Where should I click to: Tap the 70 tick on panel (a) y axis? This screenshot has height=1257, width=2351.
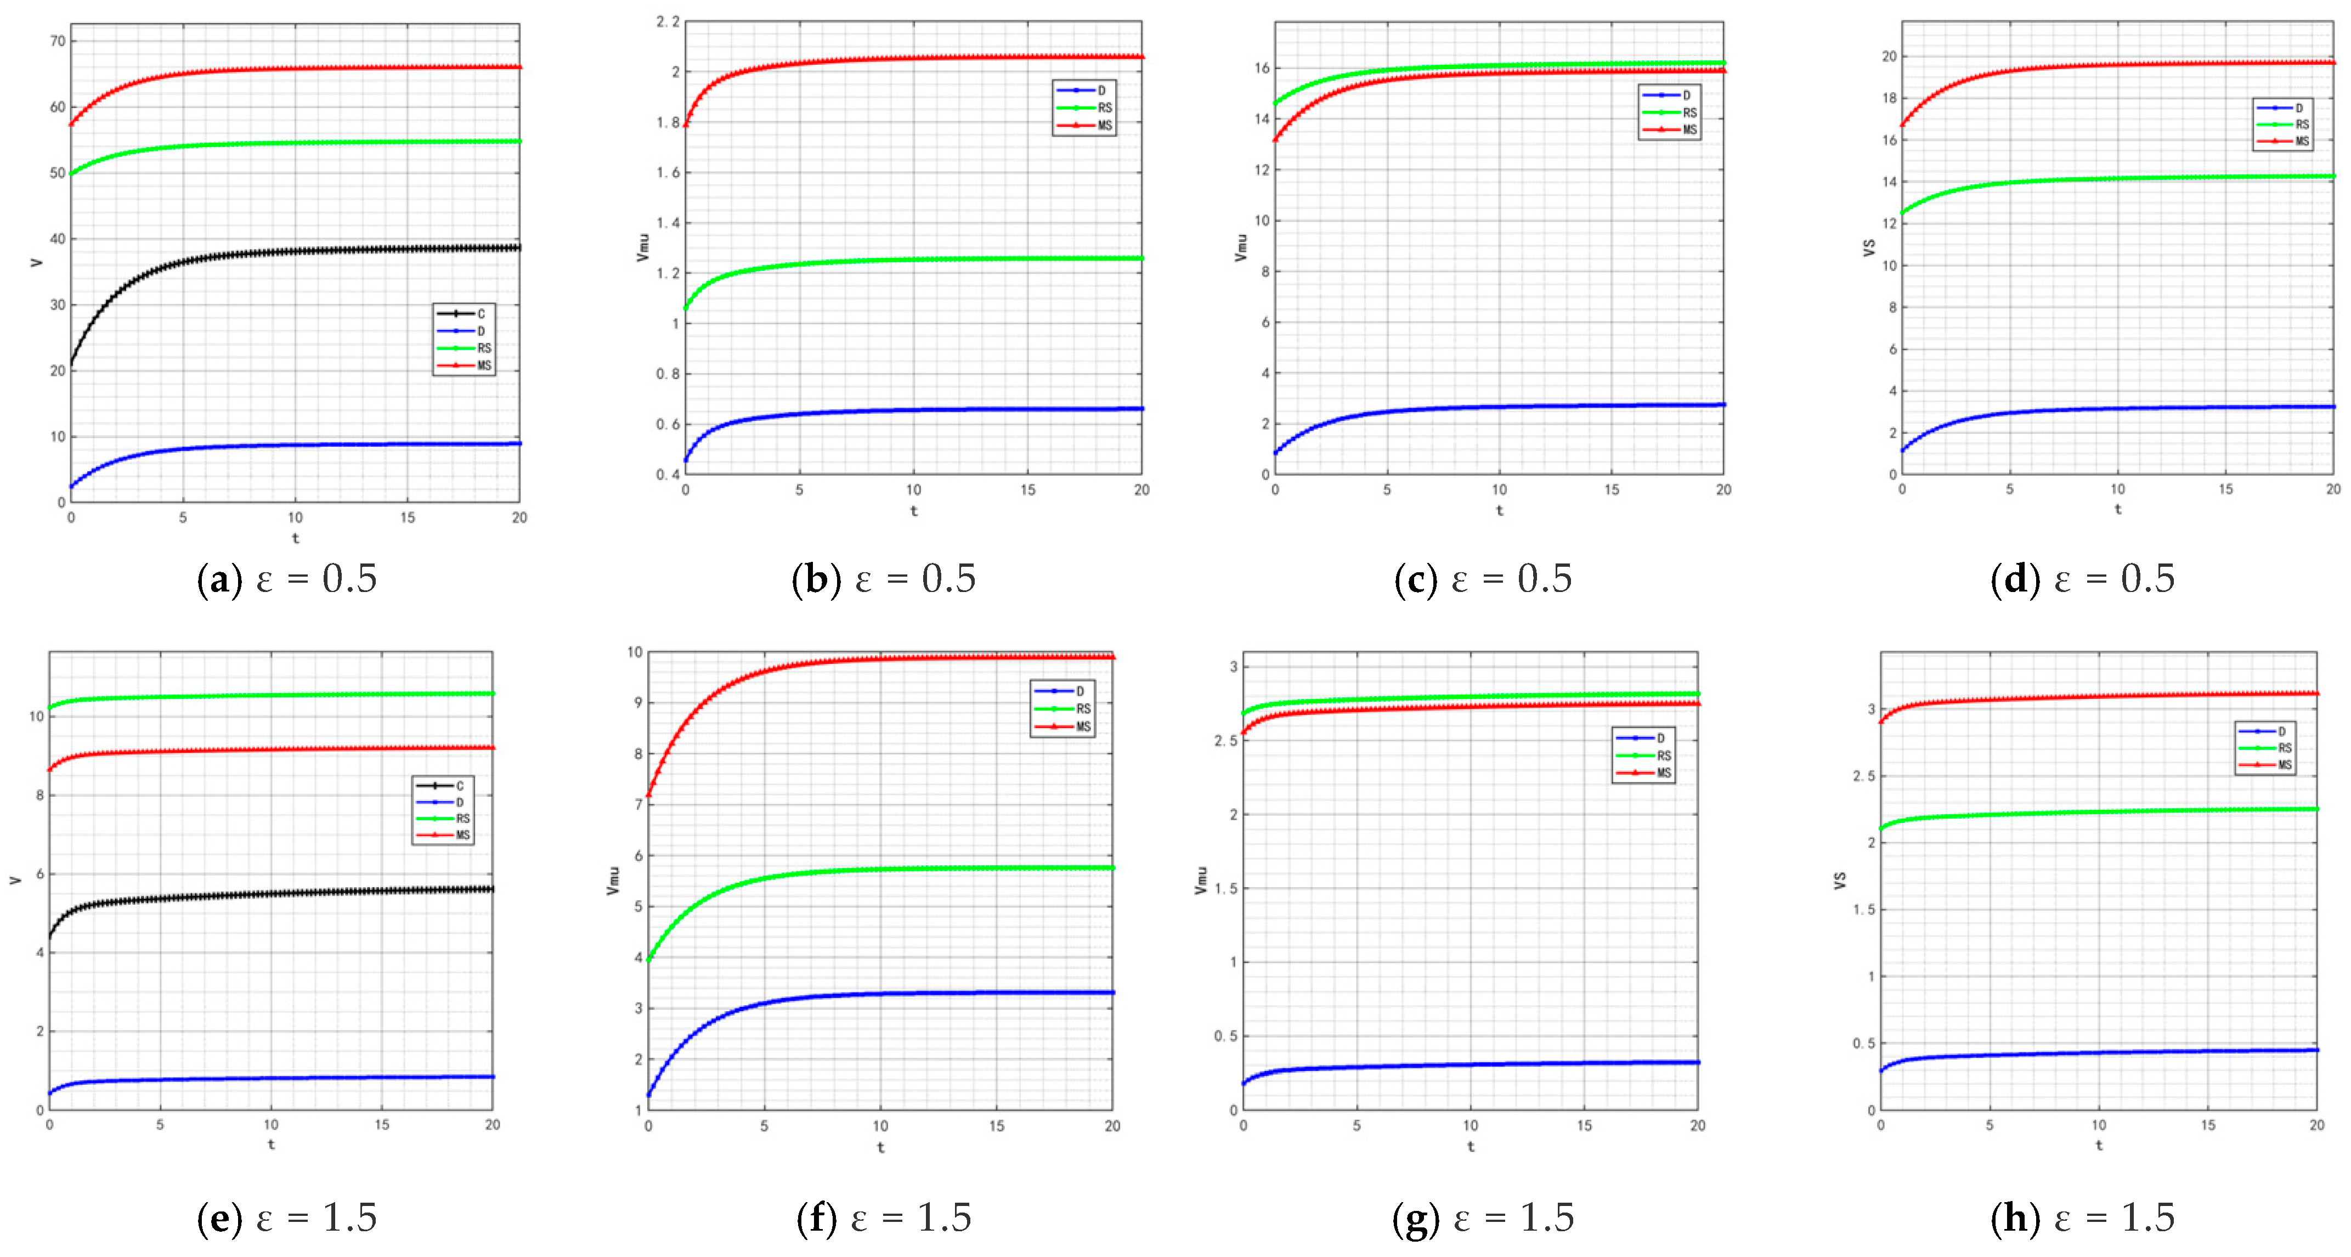pyautogui.click(x=58, y=41)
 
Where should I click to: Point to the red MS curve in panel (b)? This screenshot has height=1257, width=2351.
pyautogui.click(x=913, y=58)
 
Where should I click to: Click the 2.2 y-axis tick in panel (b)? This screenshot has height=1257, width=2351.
pyautogui.click(x=668, y=22)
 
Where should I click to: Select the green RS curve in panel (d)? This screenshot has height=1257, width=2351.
pyautogui.click(x=2117, y=178)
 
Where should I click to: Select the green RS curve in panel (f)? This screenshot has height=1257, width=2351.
pyautogui.click(x=881, y=869)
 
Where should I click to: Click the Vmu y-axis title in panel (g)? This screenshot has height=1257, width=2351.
pyautogui.click(x=1201, y=881)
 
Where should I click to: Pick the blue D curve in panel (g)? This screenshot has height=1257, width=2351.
pyautogui.click(x=1470, y=1064)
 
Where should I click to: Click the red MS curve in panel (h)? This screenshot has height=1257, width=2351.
pyautogui.click(x=2099, y=696)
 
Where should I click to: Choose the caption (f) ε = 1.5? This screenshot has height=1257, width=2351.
pyautogui.click(x=884, y=1217)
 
